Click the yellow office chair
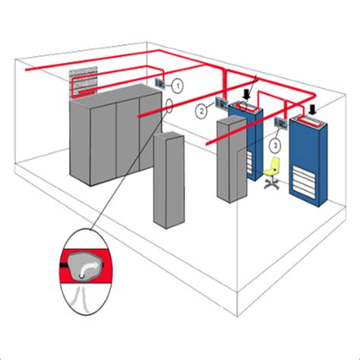pyautogui.click(x=273, y=166)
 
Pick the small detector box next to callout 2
pyautogui.click(x=220, y=103)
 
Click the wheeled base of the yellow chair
pyautogui.click(x=270, y=185)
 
